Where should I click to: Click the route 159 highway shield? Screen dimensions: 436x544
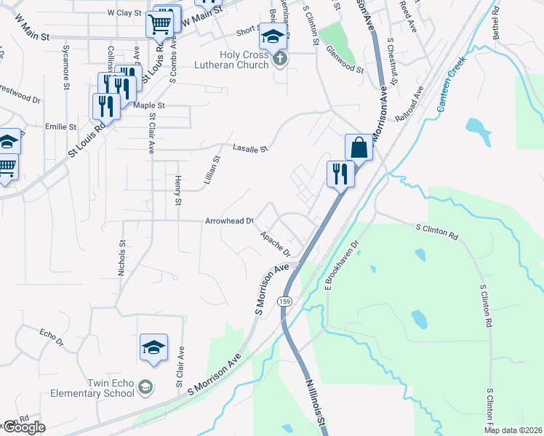click(x=286, y=301)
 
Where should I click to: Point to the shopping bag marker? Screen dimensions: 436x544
click(x=359, y=148)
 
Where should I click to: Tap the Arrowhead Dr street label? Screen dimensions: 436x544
click(x=229, y=221)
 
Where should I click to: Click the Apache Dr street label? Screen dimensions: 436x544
click(x=276, y=244)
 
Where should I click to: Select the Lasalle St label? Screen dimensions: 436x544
click(x=250, y=148)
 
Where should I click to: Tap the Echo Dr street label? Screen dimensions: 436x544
click(x=52, y=337)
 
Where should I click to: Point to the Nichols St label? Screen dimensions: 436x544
click(x=122, y=259)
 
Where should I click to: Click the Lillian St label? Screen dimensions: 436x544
click(x=211, y=173)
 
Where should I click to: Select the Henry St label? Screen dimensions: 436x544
click(x=177, y=191)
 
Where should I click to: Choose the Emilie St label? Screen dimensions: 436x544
click(x=61, y=126)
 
